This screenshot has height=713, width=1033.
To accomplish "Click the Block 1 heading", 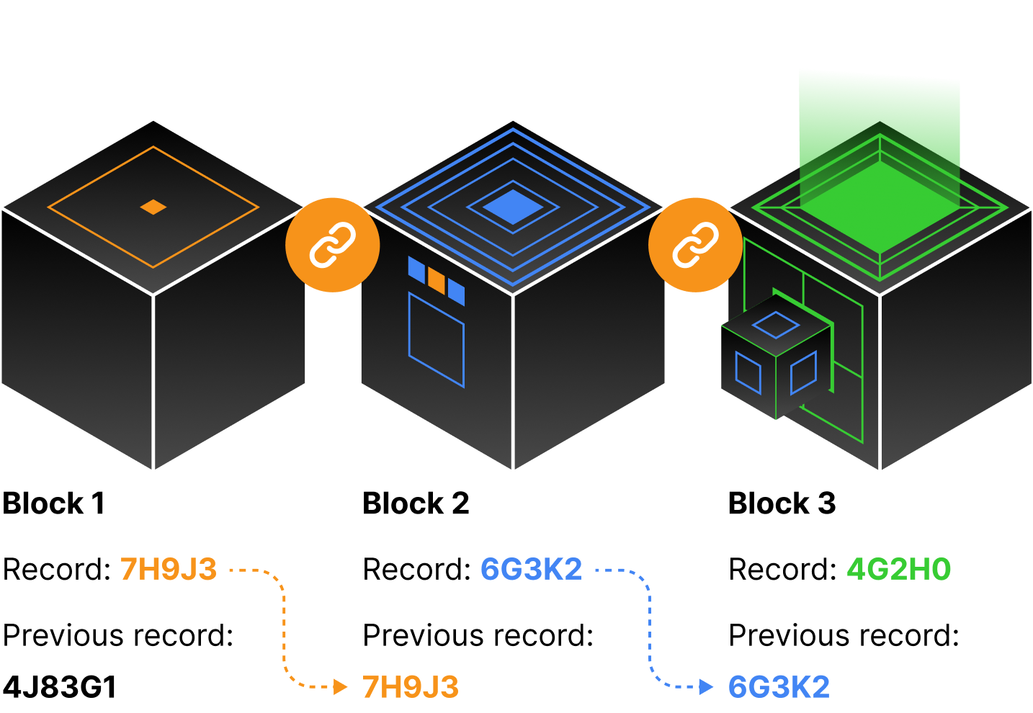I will tap(54, 503).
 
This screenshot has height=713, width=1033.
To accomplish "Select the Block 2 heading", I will tap(416, 503).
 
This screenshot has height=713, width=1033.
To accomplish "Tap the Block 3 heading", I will tap(782, 503).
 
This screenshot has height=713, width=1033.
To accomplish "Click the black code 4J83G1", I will tap(60, 687).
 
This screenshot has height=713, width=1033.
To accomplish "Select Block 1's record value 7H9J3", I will tap(168, 570).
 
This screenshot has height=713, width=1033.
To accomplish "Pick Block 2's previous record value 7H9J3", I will tap(411, 687).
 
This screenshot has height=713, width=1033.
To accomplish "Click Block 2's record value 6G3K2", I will tap(531, 570).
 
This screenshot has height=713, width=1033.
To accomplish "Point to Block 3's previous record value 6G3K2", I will tap(779, 687).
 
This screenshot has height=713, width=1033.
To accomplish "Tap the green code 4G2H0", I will tap(898, 570).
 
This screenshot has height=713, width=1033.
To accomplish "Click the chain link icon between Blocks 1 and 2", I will tap(332, 245).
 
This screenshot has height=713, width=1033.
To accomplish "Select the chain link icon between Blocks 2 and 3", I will tap(695, 245).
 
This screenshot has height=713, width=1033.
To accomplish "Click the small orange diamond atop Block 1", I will tap(153, 207).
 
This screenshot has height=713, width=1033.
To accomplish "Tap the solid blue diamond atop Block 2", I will tap(512, 207).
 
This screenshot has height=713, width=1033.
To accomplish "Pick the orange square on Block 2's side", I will tap(437, 280).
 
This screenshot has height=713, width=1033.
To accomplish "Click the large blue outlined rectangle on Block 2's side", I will tap(437, 339).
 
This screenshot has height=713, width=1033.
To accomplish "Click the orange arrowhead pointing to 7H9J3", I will tap(341, 686).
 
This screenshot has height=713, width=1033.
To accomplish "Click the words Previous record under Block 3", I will tap(844, 636).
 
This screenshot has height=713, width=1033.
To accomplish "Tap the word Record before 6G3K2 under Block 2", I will tap(416, 570).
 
